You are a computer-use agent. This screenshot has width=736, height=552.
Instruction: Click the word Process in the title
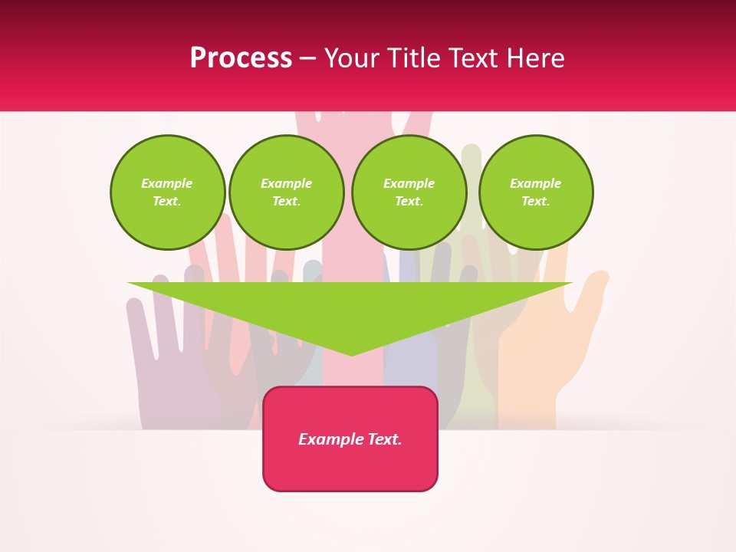(241, 58)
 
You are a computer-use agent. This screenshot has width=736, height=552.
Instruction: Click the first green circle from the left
(167, 192)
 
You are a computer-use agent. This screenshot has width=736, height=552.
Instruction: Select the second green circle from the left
(286, 192)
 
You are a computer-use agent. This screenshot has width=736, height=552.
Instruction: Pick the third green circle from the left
(409, 192)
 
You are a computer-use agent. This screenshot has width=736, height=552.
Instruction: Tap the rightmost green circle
(536, 192)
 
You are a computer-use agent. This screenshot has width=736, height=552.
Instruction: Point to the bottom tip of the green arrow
(352, 354)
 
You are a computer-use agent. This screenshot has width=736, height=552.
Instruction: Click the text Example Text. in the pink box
(350, 439)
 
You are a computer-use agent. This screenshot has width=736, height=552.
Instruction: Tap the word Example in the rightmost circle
(536, 183)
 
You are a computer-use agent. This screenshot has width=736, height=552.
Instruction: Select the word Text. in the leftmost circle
(167, 202)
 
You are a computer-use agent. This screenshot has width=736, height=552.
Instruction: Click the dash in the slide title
(307, 58)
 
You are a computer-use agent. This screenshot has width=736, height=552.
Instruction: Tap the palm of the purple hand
(172, 383)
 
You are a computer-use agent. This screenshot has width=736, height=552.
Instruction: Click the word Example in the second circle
(286, 183)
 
